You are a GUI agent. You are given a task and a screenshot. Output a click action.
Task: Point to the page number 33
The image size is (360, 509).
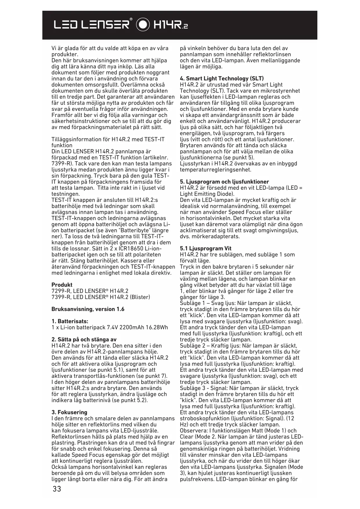(57, 489)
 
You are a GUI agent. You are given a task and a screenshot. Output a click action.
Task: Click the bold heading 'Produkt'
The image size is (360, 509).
(62, 285)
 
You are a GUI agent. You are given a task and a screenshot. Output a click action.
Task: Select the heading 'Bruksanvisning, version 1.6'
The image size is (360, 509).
(88, 309)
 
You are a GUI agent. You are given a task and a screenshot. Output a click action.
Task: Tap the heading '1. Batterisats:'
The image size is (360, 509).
(70, 321)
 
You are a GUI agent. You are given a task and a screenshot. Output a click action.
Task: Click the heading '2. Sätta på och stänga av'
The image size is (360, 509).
(84, 340)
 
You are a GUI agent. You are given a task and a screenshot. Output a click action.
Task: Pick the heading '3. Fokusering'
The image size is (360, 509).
(69, 412)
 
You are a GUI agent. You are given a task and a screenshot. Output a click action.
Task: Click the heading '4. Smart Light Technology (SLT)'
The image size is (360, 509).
(222, 79)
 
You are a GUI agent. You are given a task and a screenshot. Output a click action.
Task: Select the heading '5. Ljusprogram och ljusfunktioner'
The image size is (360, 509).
(224, 182)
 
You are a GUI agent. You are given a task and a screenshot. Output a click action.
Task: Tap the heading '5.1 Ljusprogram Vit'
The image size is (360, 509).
(206, 248)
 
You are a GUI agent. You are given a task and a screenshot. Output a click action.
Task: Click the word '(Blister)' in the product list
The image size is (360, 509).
(140, 297)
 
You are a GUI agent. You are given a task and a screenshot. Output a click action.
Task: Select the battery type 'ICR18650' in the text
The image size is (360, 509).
(129, 249)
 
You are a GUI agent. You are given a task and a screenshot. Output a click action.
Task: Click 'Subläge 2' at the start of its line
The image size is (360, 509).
(191, 346)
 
